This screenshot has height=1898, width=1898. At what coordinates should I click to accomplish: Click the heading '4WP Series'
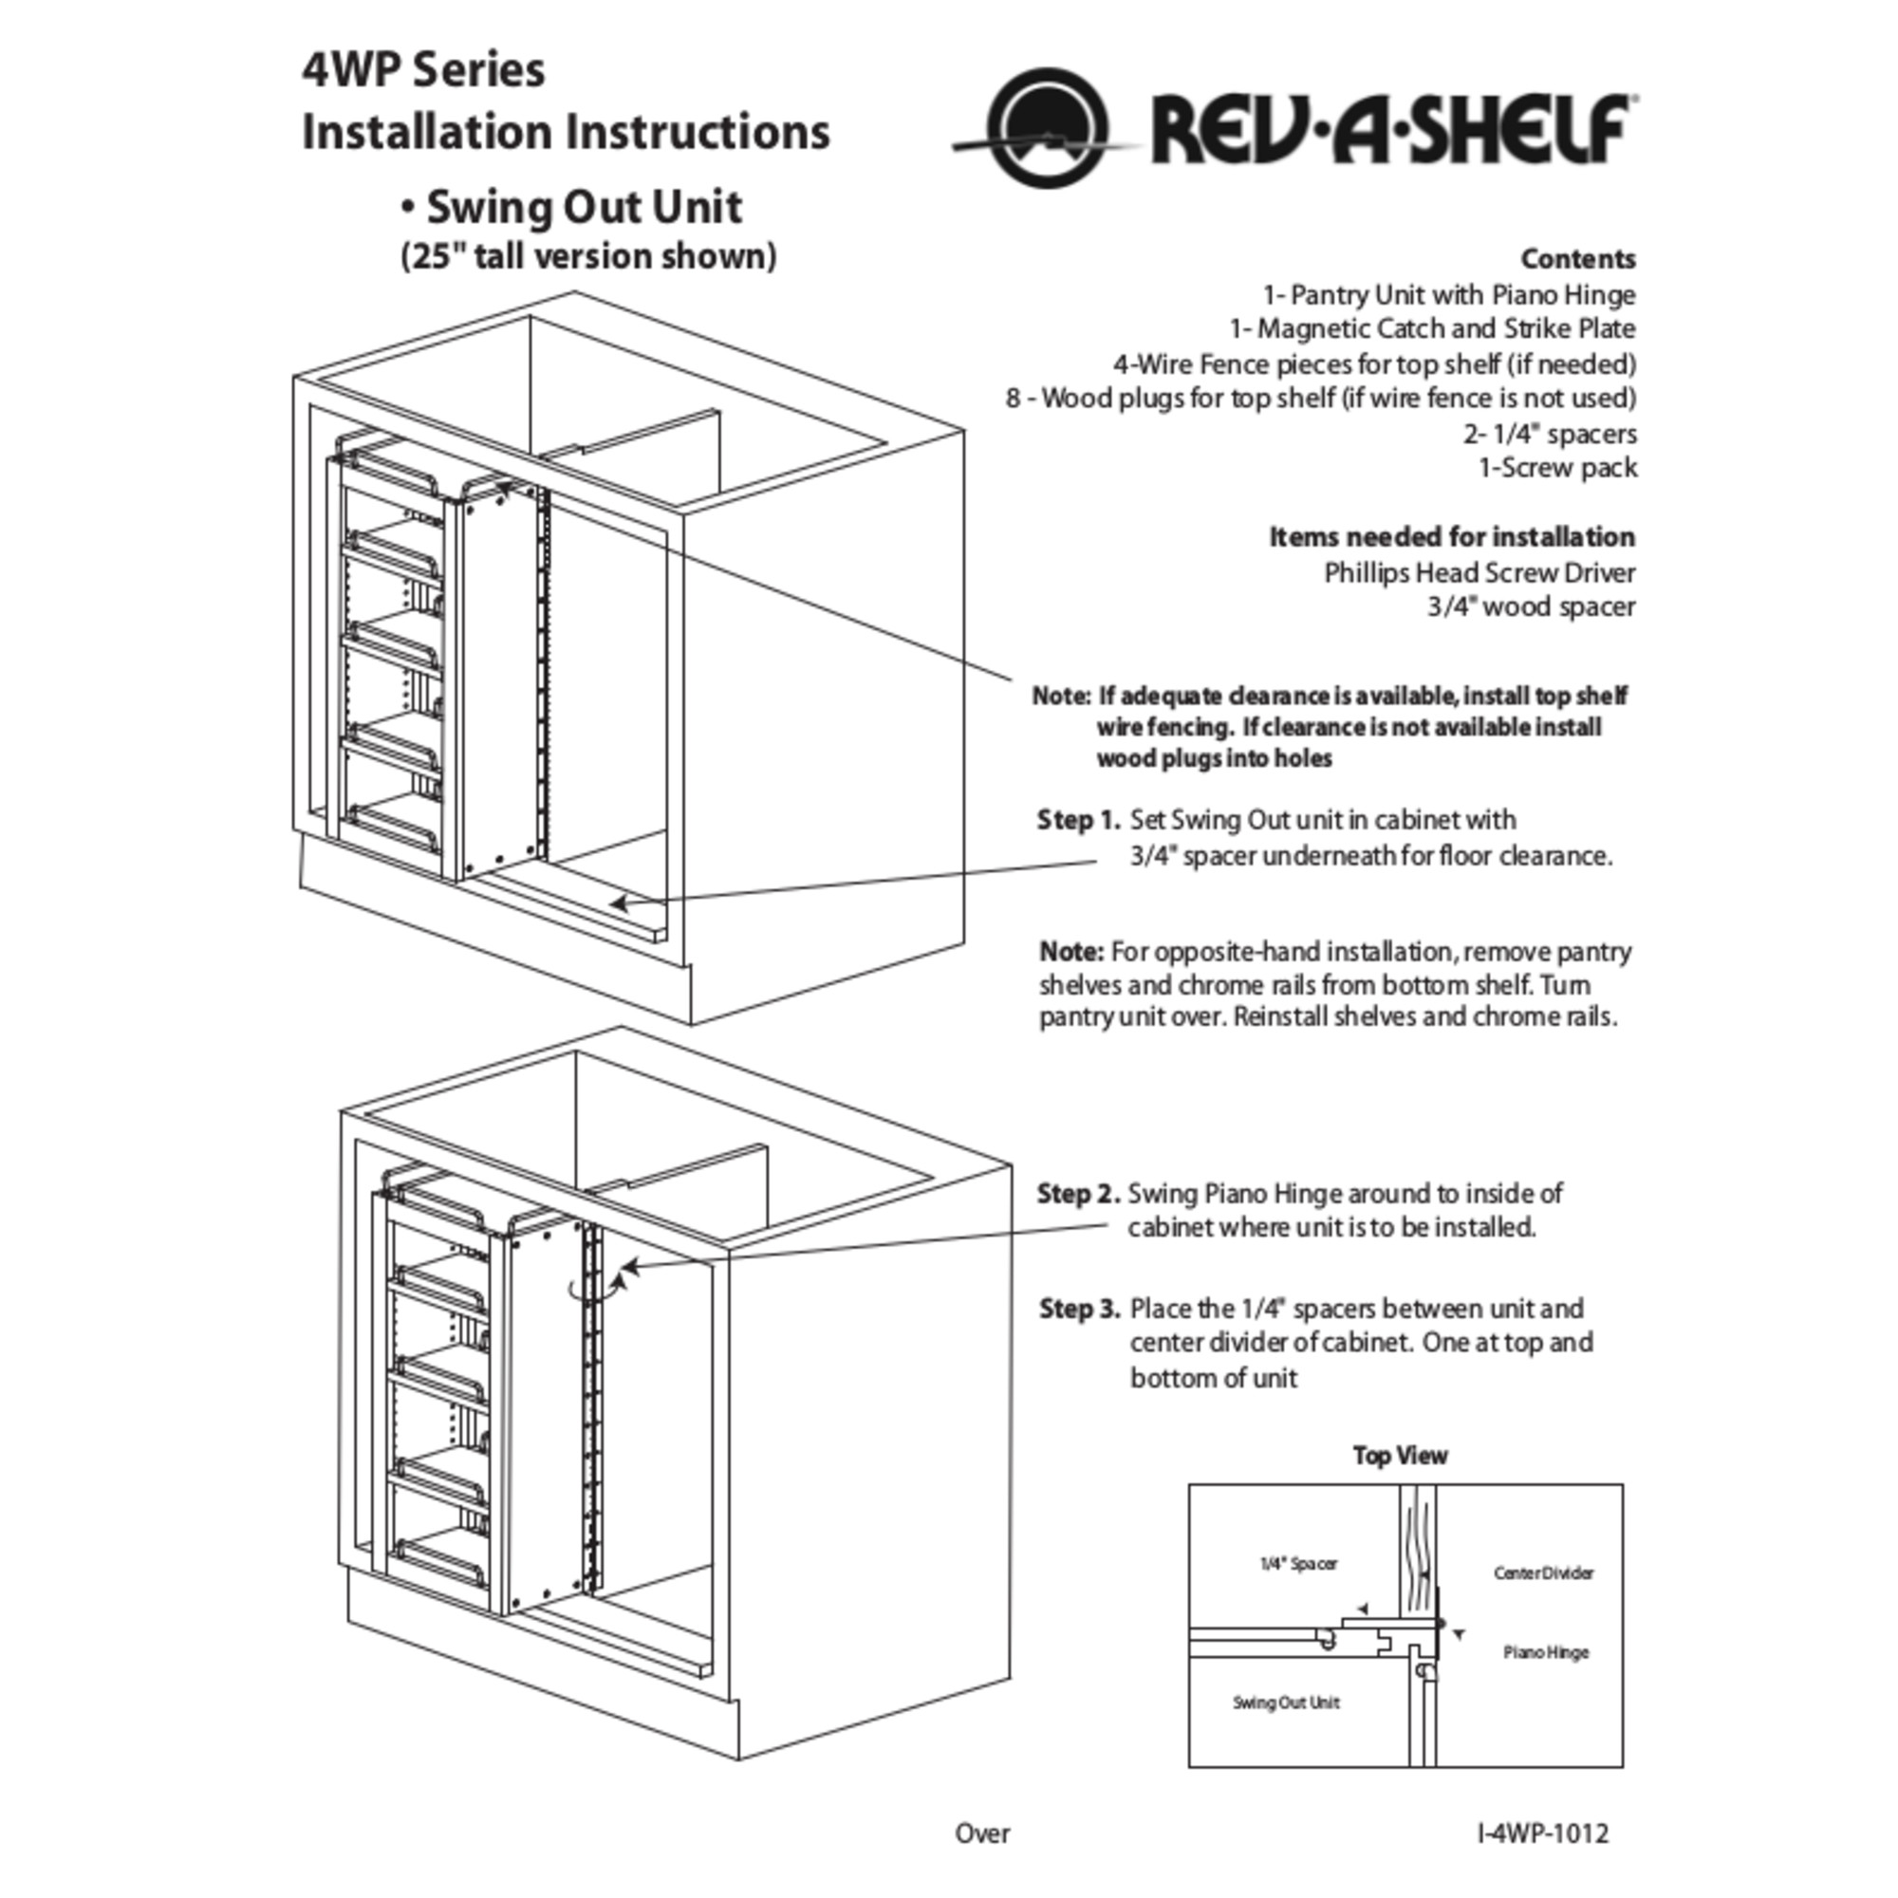coord(423,69)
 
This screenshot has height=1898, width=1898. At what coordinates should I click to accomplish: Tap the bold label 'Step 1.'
coord(1079,820)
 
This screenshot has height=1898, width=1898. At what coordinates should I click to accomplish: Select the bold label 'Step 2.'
coord(1079,1195)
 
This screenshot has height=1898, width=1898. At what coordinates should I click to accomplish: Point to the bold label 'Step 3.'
coord(1080,1310)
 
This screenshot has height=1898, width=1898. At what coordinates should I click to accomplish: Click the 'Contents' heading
coord(1579,259)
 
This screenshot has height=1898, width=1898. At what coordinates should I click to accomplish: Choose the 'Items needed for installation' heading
coord(1453,537)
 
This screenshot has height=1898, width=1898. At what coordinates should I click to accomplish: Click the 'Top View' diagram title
coord(1400,1456)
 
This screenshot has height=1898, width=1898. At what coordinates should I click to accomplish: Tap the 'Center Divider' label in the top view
coord(1544,1573)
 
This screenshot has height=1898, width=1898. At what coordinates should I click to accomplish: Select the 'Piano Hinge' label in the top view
coord(1546,1652)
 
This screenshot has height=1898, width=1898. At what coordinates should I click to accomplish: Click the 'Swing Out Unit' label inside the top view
coord(1287,1703)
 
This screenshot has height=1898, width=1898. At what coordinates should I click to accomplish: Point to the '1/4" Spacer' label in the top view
coord(1299,1564)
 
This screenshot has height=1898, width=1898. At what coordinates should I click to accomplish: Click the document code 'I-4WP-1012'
coord(1543,1833)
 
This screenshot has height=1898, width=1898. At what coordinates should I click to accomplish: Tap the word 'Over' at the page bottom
coord(982,1833)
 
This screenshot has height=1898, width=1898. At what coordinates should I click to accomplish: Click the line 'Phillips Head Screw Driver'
coord(1480,573)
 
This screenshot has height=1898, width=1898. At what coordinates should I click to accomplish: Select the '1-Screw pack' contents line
coord(1559,469)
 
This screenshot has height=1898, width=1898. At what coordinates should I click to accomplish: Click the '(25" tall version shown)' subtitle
coord(588,256)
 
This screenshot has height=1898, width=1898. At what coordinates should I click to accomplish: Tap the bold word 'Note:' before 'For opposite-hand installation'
coord(1072,952)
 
